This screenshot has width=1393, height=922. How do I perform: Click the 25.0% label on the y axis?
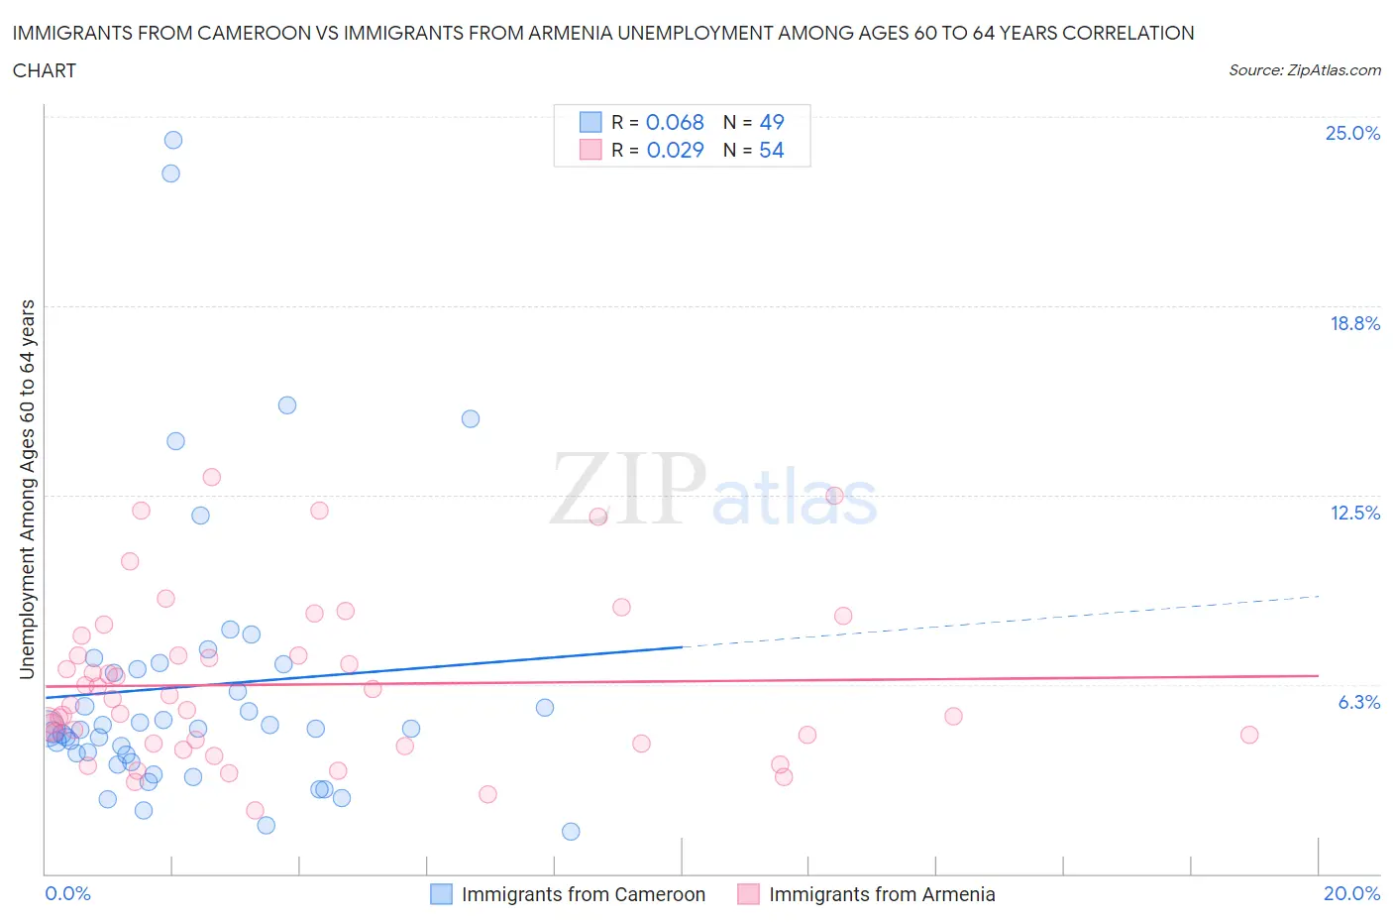coord(1352,133)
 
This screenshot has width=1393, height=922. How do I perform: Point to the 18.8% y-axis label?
coord(1354,323)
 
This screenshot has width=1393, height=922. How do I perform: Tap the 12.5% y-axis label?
coord(1354,513)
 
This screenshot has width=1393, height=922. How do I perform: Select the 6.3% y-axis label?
coord(1358,702)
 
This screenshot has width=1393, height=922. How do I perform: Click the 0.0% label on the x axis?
coord(67,893)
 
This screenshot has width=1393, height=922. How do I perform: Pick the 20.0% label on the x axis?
coord(1351,893)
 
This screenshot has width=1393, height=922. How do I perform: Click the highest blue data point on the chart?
coord(173,140)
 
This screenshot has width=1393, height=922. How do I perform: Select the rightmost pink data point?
coord(1249,735)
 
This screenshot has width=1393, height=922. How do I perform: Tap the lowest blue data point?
coord(571,832)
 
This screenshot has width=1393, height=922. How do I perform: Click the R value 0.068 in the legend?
coord(675,122)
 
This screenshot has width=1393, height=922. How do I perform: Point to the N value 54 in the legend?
coord(771,150)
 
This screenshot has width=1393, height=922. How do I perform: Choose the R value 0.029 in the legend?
coord(675,150)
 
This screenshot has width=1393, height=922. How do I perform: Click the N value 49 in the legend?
coord(771,122)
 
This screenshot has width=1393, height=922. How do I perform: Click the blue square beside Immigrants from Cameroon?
coord(441,894)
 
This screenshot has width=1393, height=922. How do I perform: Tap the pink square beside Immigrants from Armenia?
coord(748,894)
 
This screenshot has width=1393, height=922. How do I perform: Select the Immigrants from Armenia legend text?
coord(882,894)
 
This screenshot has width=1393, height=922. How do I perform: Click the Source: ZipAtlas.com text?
coord(1304,70)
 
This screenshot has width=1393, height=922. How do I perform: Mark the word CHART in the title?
coord(45,70)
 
